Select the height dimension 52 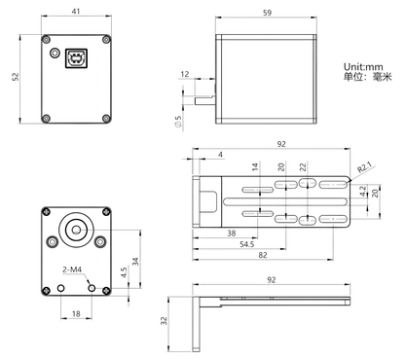coord(15,78)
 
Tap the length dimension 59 coord(268,14)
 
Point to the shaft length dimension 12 coord(185,74)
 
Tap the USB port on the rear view coord(75,58)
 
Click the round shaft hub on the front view coord(75,230)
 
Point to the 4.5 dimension coord(123,274)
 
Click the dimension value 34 coord(134,261)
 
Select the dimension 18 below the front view coord(77,313)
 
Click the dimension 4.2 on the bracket coord(364,193)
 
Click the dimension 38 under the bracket coord(230,234)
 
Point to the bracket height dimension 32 coord(166,319)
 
